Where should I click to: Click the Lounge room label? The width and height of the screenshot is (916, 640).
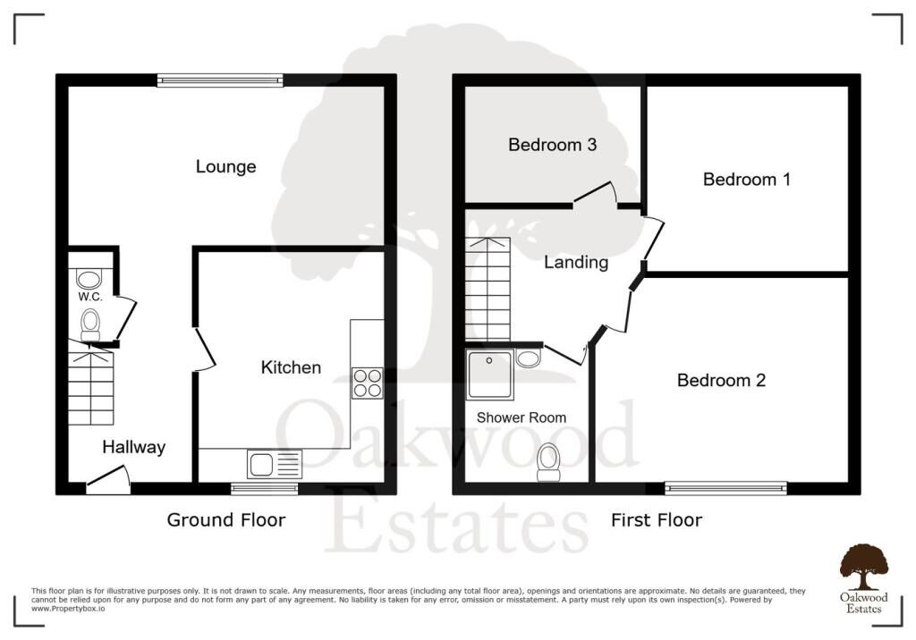[x=225, y=167]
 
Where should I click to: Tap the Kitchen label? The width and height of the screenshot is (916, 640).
[x=291, y=367]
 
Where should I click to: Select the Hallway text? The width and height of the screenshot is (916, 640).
[x=134, y=447]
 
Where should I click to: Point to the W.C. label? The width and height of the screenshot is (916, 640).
[x=90, y=297]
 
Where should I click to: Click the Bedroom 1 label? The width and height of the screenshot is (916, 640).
[x=747, y=180]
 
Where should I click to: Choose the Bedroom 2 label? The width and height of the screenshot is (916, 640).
[x=721, y=380]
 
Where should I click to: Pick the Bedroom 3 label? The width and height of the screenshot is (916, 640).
[x=552, y=145]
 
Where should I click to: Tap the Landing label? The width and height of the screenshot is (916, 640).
[x=576, y=262]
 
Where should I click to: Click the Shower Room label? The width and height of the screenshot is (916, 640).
[x=522, y=417]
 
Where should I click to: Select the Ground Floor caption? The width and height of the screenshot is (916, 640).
[x=226, y=519]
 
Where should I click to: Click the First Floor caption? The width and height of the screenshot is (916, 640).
[x=657, y=519]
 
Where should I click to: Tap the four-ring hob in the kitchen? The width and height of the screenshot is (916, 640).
[x=368, y=383]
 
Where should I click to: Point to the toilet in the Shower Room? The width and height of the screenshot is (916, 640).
[x=548, y=462]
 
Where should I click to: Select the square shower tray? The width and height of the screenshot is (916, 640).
[x=489, y=375]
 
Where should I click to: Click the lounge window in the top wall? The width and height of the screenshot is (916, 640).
[x=220, y=80]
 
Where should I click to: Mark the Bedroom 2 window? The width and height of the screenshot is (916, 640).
[x=725, y=488]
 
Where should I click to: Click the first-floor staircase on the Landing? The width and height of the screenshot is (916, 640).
[x=488, y=289]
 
